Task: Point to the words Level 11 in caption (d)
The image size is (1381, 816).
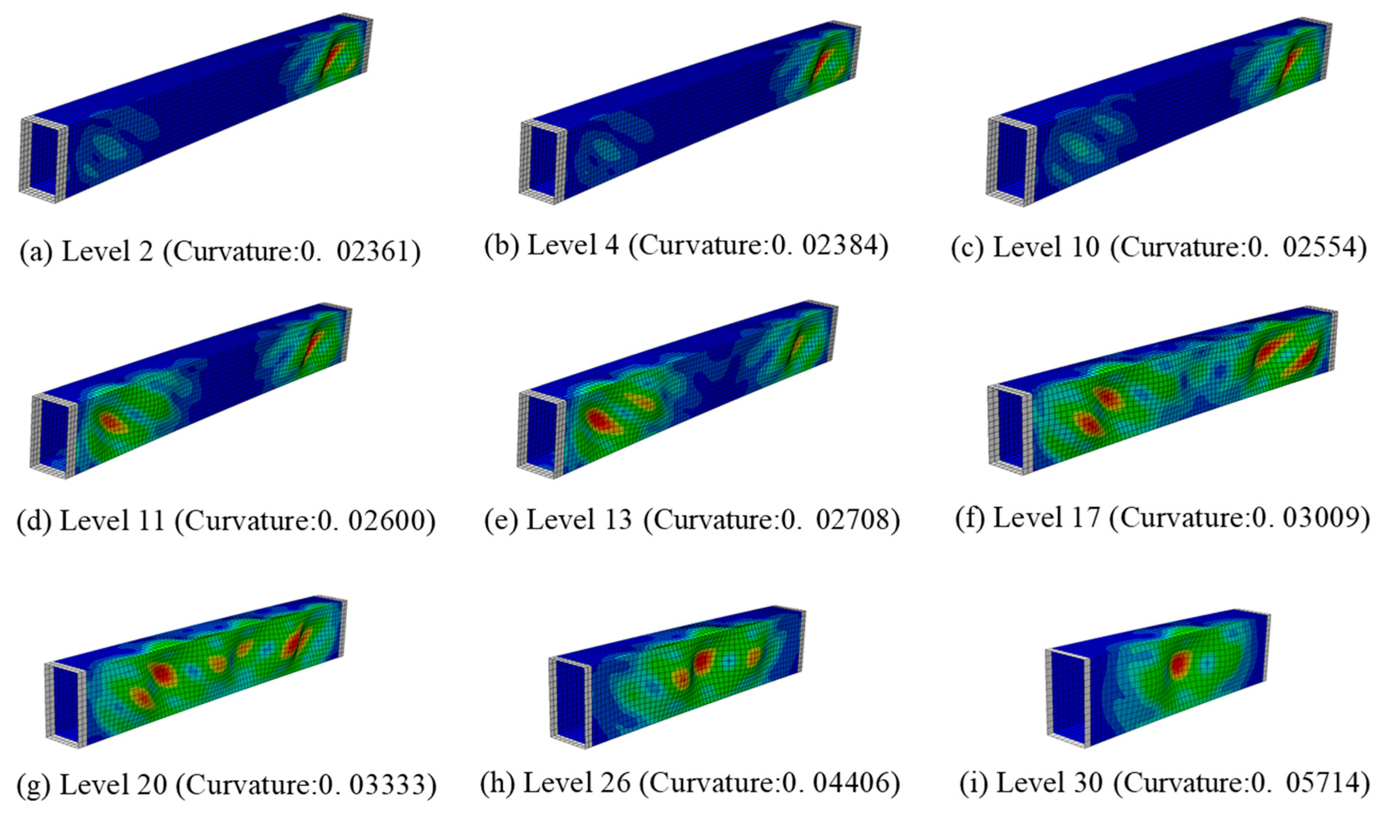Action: tap(112, 520)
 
